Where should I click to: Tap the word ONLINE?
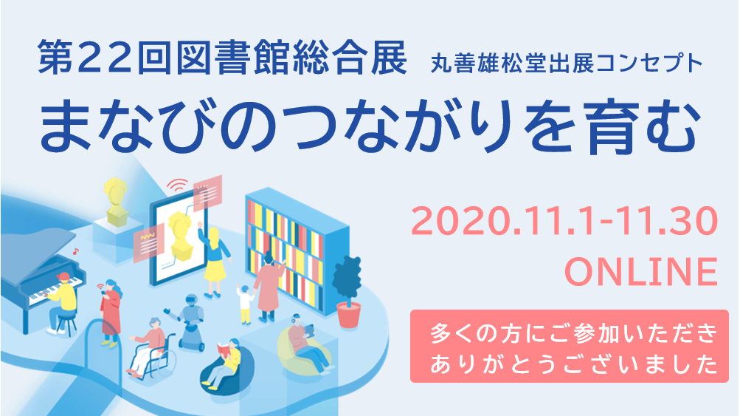[x=641, y=273]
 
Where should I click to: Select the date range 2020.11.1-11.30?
[x=564, y=222]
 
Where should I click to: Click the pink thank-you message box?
[x=569, y=346]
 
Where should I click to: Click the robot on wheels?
[x=189, y=321]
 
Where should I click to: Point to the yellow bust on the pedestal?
[x=116, y=201]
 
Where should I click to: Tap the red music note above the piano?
[x=75, y=251]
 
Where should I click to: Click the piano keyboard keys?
[x=52, y=290]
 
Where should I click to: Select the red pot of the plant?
[x=349, y=316]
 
